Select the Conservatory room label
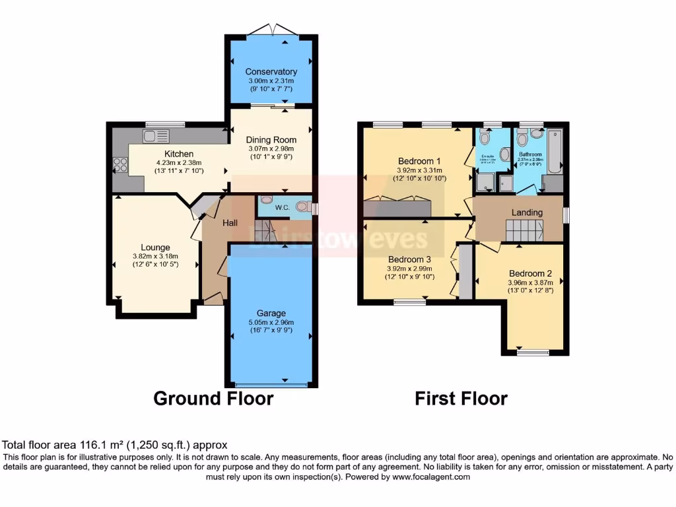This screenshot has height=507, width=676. (271, 71)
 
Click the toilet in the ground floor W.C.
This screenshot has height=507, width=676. (304, 205)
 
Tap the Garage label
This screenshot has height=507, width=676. (271, 313)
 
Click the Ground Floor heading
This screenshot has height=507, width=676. (213, 399)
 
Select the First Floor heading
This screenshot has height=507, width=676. (461, 399)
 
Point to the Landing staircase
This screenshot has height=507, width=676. (524, 231)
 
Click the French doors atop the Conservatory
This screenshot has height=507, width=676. (271, 30)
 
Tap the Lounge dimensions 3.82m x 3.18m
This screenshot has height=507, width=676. (154, 257)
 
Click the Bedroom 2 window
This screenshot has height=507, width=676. (532, 353)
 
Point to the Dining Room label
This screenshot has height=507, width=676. (271, 140)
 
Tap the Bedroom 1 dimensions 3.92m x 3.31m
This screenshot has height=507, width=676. (419, 170)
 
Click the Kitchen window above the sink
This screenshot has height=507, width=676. (165, 123)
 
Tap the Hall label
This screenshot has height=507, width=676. (230, 223)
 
